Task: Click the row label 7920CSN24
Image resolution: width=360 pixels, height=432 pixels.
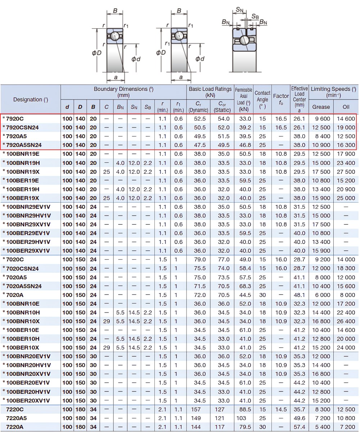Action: pyautogui.click(x=22, y=127)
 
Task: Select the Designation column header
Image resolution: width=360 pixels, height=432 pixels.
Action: pyautogui.click(x=31, y=99)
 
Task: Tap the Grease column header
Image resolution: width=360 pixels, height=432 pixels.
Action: pyautogui.click(x=321, y=107)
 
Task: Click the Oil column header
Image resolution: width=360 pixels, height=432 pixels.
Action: pyautogui.click(x=346, y=107)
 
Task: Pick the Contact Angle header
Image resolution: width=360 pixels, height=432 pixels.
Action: pyautogui.click(x=262, y=99)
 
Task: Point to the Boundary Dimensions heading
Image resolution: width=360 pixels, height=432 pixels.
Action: pyautogui.click(x=123, y=92)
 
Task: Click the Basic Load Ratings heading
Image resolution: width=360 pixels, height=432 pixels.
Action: pyautogui.click(x=210, y=92)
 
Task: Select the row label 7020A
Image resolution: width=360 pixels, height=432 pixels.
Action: pyautogui.click(x=15, y=295)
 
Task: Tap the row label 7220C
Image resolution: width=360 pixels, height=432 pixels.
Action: pyautogui.click(x=15, y=409)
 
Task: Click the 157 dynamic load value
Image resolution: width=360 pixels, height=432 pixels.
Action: pyautogui.click(x=196, y=409)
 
